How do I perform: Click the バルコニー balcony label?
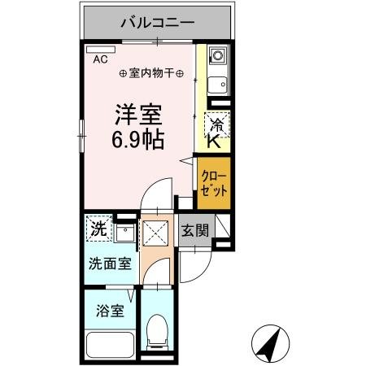coord(158,22)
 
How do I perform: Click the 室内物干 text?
coord(151,73)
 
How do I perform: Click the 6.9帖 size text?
coord(137,137)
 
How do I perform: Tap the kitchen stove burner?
coord(217,57)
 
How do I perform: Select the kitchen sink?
coord(217,85)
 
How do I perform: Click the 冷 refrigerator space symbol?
coord(217,124)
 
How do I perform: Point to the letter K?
coord(214,142)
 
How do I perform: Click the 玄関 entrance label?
coord(194,231)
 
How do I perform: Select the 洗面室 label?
coord(110,264)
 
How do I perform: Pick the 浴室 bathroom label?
coord(108,311)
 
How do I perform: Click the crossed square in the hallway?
coord(154,233)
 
